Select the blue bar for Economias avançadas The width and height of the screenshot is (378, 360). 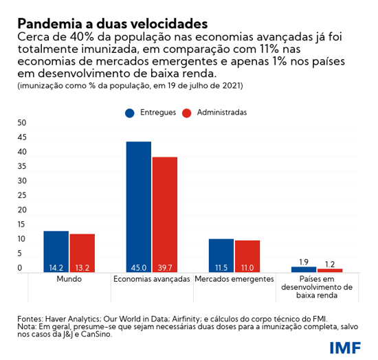138,206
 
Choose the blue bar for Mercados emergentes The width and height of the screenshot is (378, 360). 221,255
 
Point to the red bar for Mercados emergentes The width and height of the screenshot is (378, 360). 247,256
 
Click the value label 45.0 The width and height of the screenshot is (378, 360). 138,267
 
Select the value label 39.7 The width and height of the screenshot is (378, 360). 165,267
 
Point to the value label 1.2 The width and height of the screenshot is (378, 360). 330,263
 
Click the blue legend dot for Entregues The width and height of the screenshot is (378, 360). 129,112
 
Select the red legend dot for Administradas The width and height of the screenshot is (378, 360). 186,112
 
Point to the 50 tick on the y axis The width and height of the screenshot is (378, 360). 21,122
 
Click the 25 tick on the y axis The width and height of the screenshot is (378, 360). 21,195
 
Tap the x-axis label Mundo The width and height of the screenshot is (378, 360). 69,280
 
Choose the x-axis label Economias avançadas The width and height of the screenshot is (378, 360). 151,280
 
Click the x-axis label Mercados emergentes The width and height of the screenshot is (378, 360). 234,280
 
